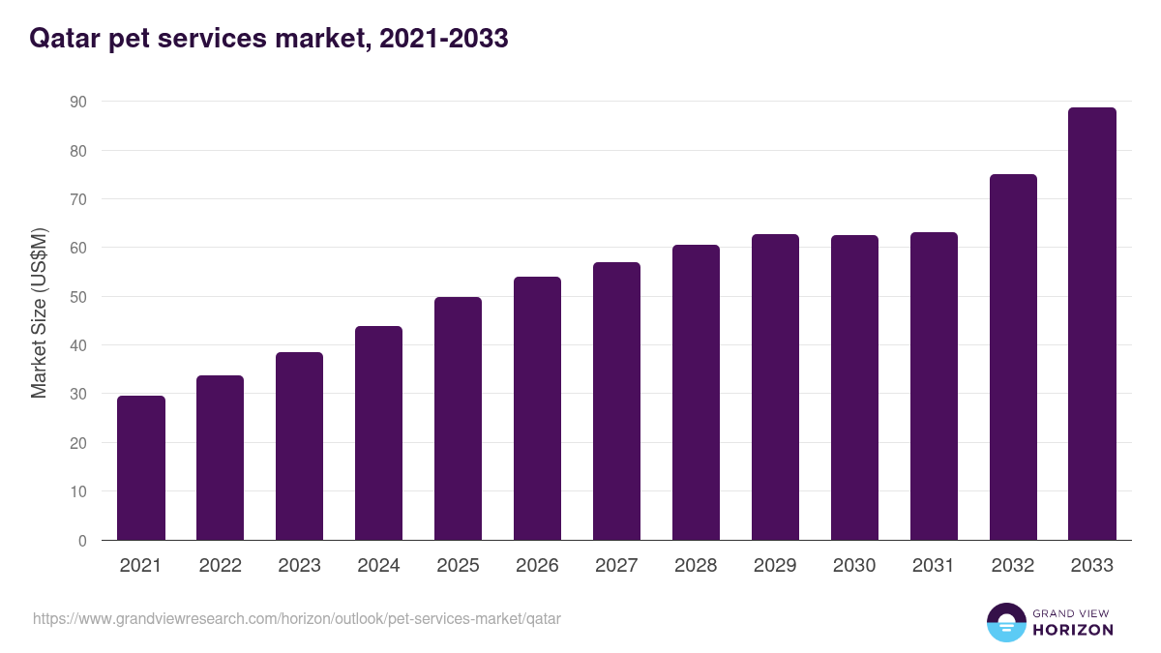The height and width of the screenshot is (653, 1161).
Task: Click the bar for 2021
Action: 141,468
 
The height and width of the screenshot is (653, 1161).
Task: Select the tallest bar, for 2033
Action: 1092,324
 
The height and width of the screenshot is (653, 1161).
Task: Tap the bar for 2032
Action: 1013,358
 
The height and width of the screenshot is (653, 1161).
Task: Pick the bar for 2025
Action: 458,419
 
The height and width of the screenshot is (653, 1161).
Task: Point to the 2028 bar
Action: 696,393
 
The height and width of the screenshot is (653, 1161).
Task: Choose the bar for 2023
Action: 299,446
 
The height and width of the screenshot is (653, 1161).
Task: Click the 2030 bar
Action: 854,388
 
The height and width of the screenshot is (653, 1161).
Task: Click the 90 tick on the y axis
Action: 77,102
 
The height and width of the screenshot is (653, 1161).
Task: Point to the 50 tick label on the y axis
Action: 77,297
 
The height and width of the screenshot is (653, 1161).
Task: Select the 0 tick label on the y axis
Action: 82,541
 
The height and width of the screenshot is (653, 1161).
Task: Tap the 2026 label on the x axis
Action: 537,566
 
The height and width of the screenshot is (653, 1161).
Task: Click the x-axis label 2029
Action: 775,566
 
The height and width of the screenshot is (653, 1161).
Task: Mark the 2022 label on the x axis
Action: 220,566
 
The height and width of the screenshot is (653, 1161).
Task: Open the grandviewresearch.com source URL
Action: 297,618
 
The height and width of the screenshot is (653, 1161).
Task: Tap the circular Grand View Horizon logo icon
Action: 1005,622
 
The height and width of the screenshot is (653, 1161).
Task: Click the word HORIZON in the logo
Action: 1073,630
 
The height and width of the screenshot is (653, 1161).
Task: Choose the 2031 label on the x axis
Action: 934,566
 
